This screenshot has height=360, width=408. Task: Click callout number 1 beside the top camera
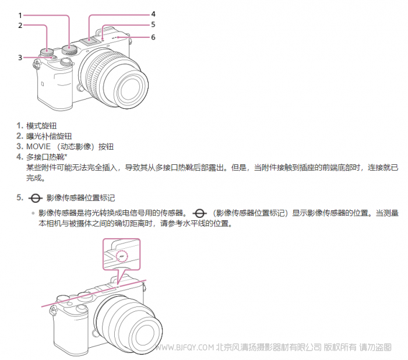(20, 16)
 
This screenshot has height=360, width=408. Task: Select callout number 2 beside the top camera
(20, 26)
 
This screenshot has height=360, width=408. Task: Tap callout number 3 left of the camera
(20, 58)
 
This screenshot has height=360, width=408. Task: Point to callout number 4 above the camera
(153, 14)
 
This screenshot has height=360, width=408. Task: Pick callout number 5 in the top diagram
(153, 24)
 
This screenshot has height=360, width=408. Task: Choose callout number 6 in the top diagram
(153, 37)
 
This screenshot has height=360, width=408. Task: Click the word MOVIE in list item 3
(38, 146)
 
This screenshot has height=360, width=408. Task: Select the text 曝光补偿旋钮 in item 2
(49, 136)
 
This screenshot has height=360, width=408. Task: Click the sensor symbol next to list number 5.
(36, 198)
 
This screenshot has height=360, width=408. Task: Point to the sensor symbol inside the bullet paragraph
(199, 214)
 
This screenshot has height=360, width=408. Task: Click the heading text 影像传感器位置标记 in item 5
(80, 198)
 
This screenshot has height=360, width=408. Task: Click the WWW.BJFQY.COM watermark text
(185, 347)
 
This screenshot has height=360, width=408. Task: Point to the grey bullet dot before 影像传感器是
(33, 213)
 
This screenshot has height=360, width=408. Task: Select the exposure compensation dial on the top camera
(47, 52)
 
